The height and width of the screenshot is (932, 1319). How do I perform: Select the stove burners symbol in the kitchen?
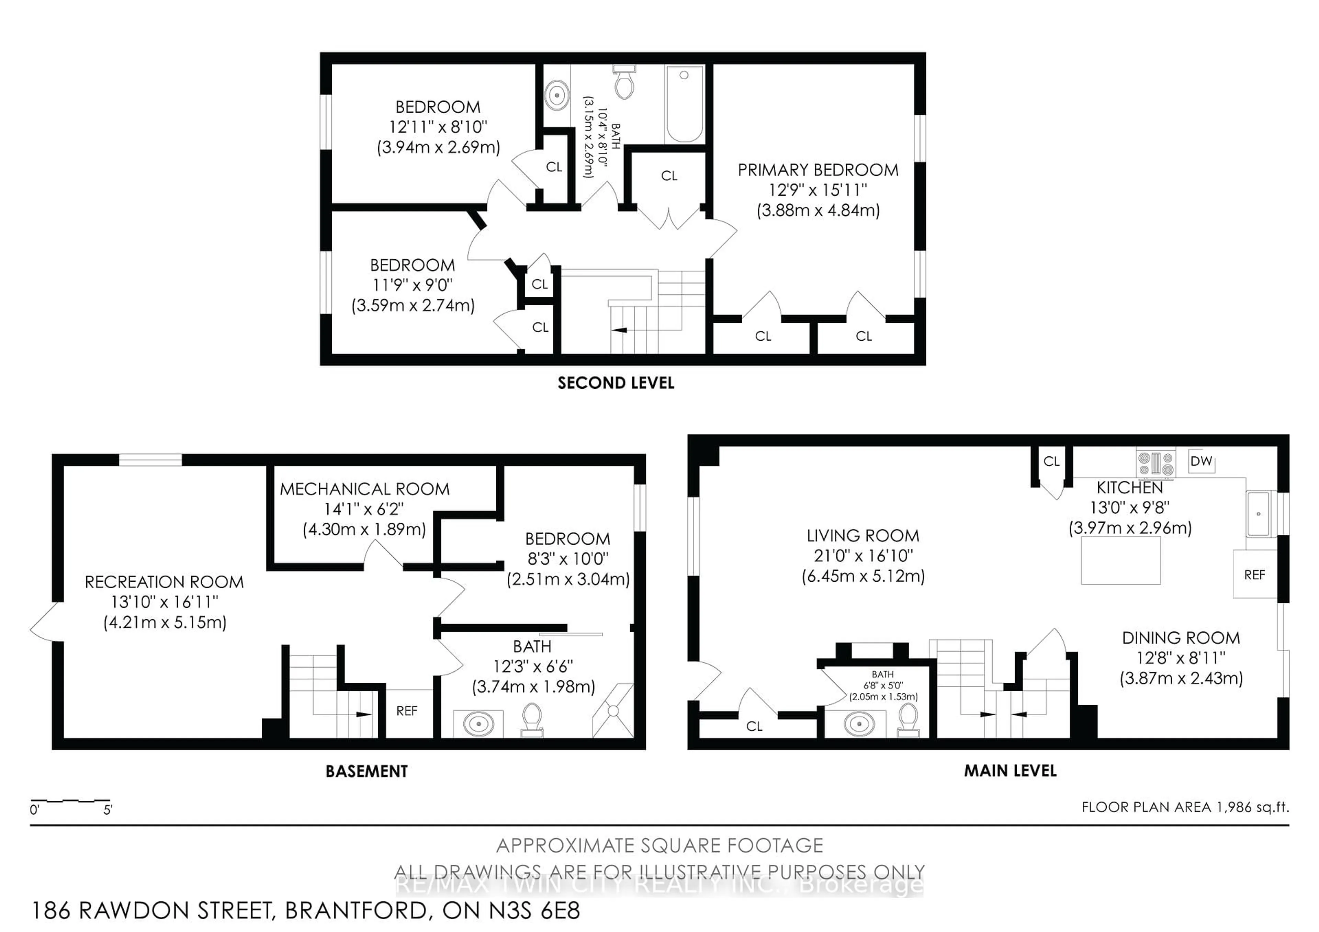(1155, 464)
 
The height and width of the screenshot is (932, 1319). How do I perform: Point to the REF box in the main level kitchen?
(1255, 575)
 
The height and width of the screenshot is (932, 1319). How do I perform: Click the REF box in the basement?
(407, 711)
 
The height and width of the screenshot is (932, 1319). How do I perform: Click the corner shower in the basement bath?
(613, 711)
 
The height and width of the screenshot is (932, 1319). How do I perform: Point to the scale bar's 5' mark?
(108, 810)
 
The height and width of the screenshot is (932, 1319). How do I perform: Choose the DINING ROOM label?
(1181, 638)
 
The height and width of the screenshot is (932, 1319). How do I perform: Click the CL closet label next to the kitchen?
(1051, 461)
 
